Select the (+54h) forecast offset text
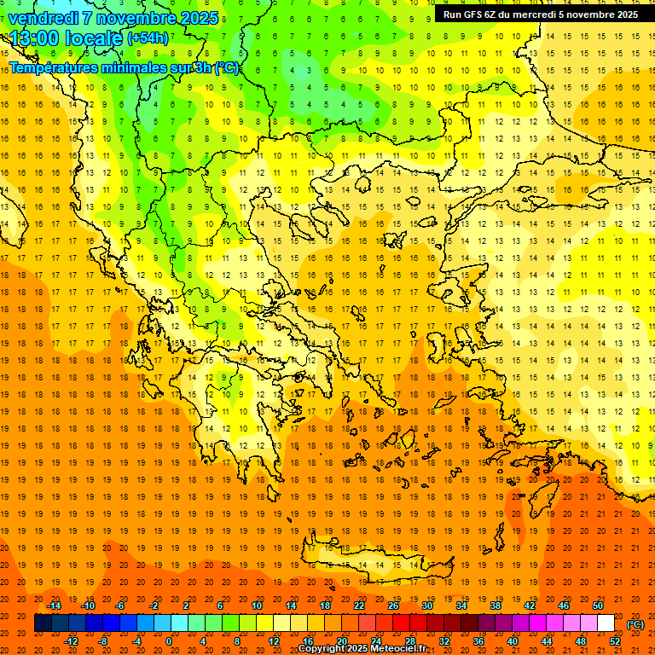(x=148, y=38)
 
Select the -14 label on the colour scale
(x=54, y=606)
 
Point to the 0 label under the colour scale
(x=169, y=641)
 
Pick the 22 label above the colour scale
(x=359, y=606)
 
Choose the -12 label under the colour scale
(x=71, y=641)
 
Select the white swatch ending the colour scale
(x=606, y=623)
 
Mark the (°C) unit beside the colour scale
(x=635, y=624)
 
